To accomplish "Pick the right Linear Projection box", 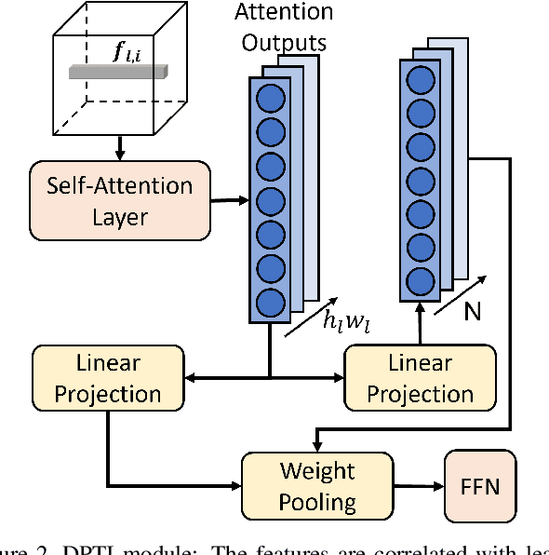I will (x=420, y=377).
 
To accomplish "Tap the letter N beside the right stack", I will (x=472, y=311).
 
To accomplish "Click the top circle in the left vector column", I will (x=270, y=97).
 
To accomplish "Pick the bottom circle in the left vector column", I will (x=270, y=302).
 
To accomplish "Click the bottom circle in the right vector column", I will (x=421, y=279).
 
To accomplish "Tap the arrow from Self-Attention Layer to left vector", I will (x=228, y=198).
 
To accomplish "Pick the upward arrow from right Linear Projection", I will (x=420, y=325).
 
